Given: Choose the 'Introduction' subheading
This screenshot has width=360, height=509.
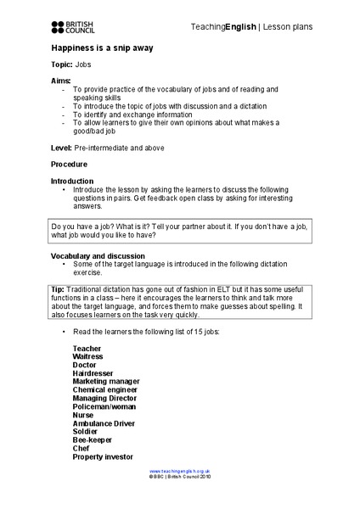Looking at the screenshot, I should click(x=75, y=182).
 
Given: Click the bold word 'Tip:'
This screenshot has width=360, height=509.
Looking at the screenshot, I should click(x=59, y=290).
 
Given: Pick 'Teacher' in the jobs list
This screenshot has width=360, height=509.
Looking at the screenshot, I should click(x=87, y=349).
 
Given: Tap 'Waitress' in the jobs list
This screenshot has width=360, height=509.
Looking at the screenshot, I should click(x=89, y=357).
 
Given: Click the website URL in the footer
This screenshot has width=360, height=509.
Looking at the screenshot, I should click(x=180, y=470).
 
